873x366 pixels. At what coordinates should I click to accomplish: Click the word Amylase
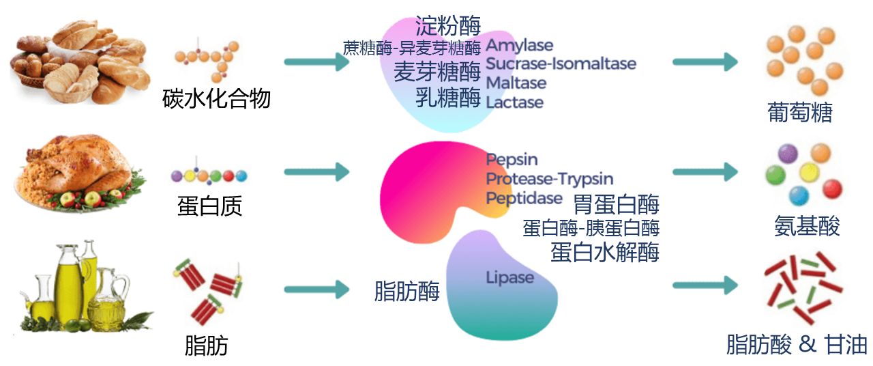point(520,46)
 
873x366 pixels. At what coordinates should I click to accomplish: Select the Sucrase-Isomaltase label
point(561,64)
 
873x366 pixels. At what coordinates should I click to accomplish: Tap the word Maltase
point(516,83)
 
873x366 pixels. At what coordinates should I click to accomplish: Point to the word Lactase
point(514,102)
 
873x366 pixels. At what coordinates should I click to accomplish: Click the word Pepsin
point(512,160)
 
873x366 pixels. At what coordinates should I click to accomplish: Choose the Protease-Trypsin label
point(550,179)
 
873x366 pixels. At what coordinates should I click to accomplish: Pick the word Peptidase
point(524,198)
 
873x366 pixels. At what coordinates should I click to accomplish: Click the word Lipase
point(509,277)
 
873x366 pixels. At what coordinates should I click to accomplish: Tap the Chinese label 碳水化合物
point(216,98)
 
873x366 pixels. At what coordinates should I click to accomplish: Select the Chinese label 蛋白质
point(209,206)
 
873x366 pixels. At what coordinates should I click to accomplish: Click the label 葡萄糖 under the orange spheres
point(800,113)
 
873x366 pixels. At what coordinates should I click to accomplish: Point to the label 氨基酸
point(807,225)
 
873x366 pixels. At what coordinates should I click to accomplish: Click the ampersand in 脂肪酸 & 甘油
point(808,344)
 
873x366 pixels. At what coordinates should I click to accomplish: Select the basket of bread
point(80,61)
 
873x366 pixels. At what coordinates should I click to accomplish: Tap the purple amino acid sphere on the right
point(788,154)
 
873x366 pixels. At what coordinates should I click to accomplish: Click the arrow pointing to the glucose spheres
point(705,62)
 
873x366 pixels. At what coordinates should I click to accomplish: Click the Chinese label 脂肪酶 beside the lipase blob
point(407,291)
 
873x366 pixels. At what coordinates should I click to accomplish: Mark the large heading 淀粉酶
point(448,26)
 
